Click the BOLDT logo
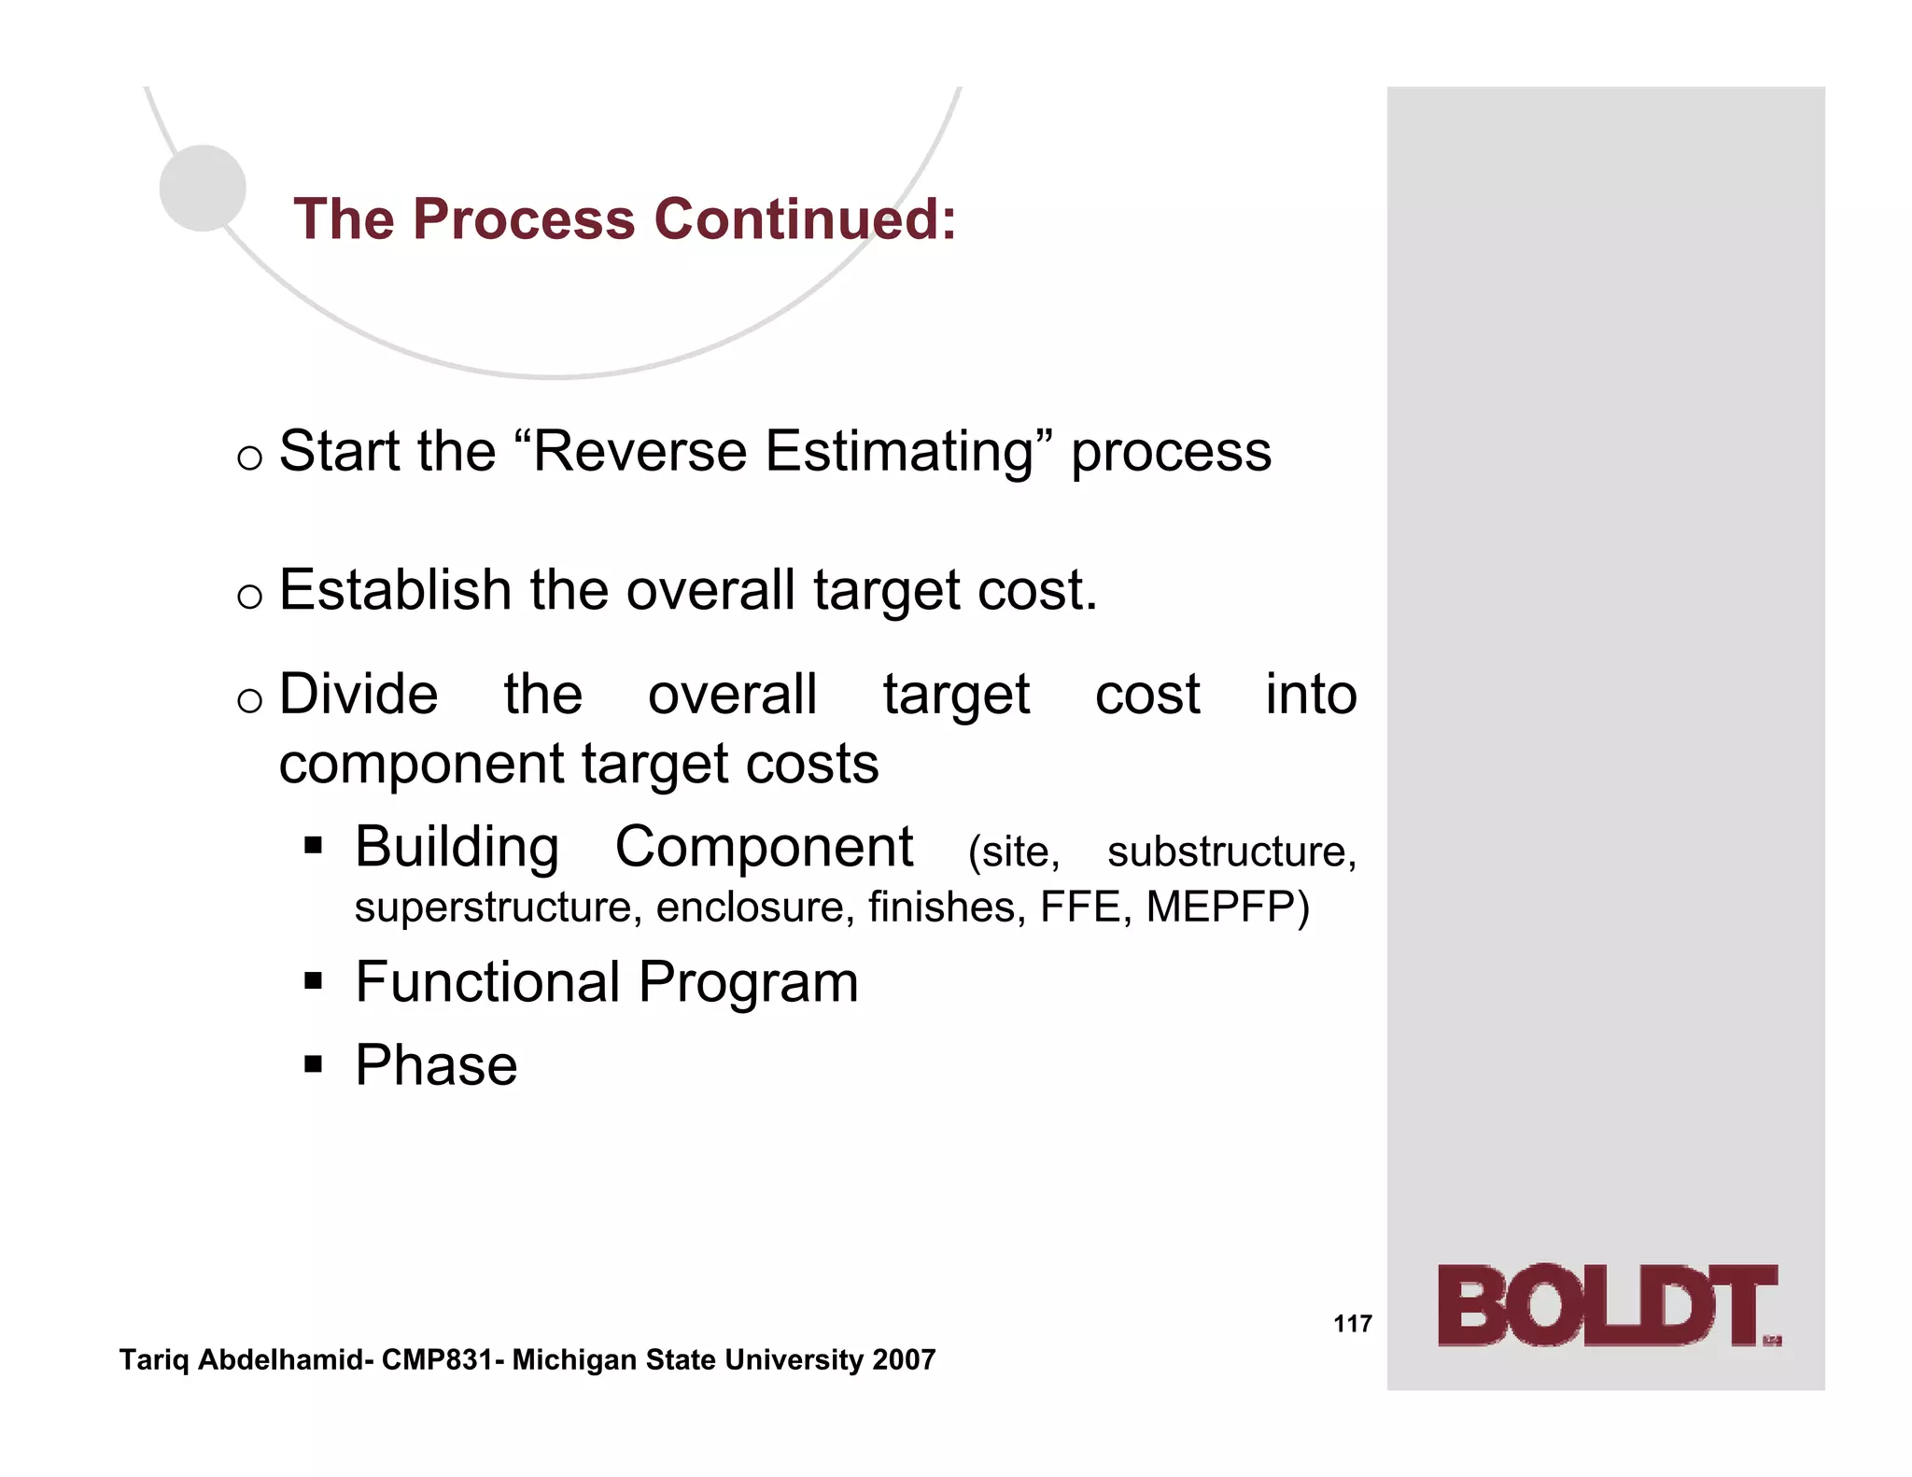[x=1608, y=1305]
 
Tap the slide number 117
[x=1352, y=1324]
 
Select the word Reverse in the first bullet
[x=640, y=452]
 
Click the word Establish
[x=395, y=590]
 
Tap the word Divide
[x=358, y=695]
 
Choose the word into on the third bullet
[x=1310, y=695]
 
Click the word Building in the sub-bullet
[x=457, y=847]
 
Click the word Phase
[x=436, y=1065]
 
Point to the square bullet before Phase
[x=314, y=1064]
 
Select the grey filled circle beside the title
[x=203, y=189]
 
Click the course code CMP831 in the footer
[x=437, y=1360]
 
